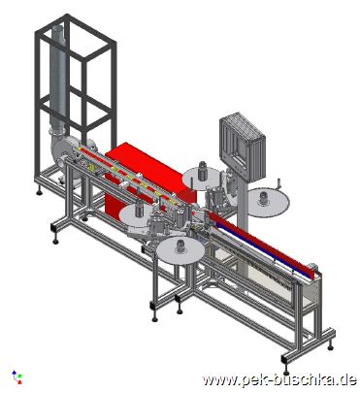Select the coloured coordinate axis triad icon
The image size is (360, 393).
pyautogui.click(x=16, y=377)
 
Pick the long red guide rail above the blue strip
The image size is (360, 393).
pyautogui.click(x=262, y=243)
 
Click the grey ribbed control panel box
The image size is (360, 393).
pyautogui.click(x=243, y=147)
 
